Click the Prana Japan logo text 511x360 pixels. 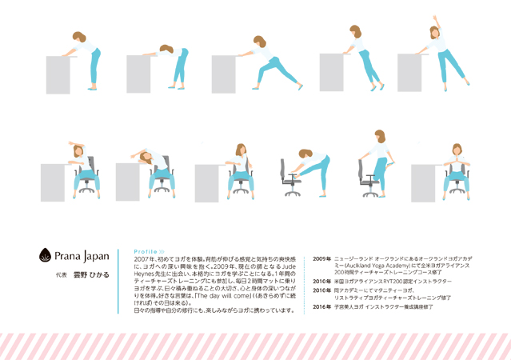click(x=83, y=257)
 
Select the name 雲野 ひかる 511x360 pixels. click(x=89, y=274)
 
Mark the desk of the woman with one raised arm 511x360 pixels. click(x=414, y=73)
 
